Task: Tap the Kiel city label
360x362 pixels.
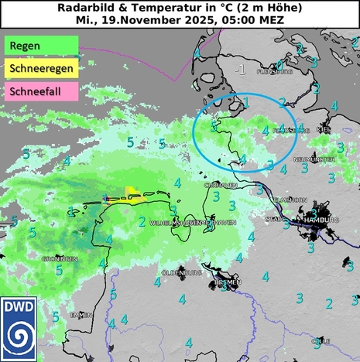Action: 324,130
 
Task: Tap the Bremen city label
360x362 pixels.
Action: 229,282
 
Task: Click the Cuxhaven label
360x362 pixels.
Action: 220,186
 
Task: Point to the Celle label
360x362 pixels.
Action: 321,340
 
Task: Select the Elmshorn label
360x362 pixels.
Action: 291,200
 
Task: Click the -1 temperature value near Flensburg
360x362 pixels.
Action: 241,70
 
